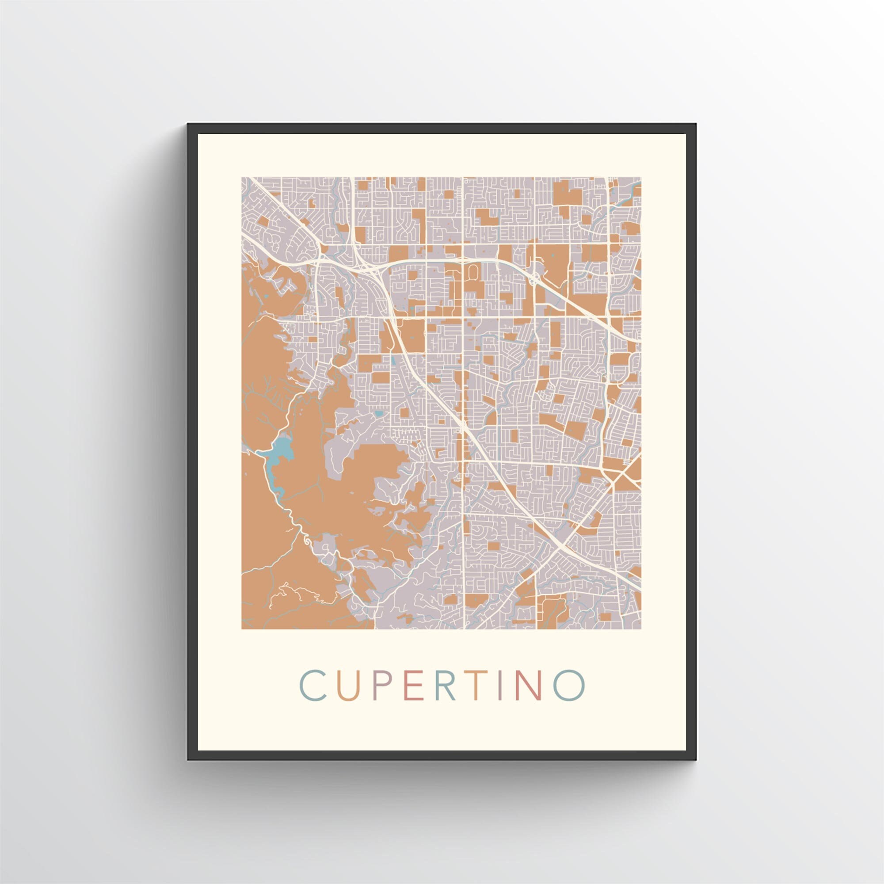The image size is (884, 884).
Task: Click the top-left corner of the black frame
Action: [x=189, y=124]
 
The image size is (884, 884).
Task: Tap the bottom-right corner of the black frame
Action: [x=695, y=759]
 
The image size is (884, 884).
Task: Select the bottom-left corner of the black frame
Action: [x=189, y=759]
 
